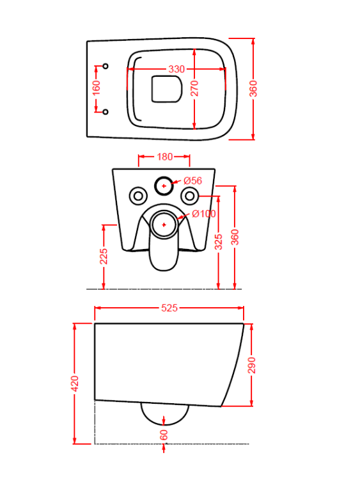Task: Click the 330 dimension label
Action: point(176,69)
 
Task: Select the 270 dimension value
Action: point(194,88)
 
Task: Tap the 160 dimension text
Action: point(96,88)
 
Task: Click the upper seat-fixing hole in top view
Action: point(106,66)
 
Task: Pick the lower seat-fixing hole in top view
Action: point(106,112)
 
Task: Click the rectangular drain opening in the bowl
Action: point(167,89)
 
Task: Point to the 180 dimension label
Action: point(164,157)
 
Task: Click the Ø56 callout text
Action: point(192,180)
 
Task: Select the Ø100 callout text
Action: point(204,214)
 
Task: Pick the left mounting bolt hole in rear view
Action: point(138,196)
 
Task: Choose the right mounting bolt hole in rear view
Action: point(190,196)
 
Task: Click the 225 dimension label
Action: point(104,256)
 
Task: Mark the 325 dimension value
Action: point(219,242)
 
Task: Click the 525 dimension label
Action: point(169,308)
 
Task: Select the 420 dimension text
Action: point(75,383)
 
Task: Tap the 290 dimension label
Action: point(251,365)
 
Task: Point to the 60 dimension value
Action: point(164,435)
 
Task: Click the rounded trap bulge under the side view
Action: point(164,424)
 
